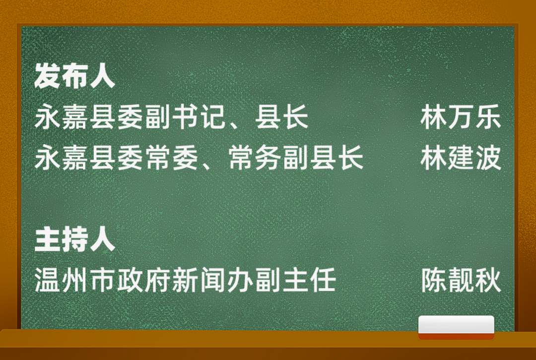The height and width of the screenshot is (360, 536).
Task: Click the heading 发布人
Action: [74, 75]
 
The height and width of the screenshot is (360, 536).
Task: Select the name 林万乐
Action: [461, 118]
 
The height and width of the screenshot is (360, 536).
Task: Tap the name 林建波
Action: [461, 158]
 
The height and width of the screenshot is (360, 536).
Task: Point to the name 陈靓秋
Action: [461, 281]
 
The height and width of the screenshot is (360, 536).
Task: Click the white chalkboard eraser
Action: [457, 327]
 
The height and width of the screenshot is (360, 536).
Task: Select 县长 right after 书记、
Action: [282, 118]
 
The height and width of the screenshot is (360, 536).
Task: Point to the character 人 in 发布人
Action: [102, 76]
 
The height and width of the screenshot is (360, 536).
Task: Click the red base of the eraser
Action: [457, 336]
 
